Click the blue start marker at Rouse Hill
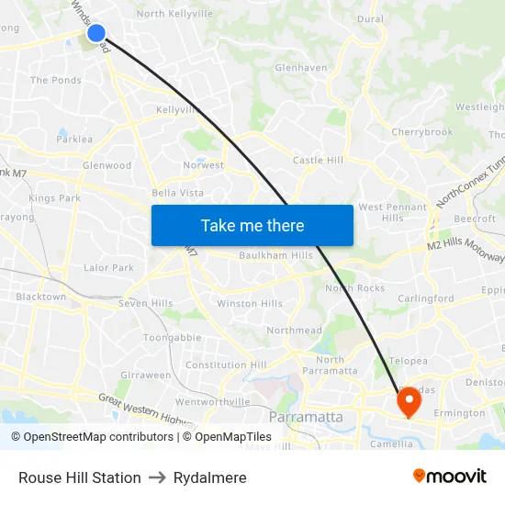tap(96, 34)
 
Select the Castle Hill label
tap(318, 161)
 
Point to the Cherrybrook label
tap(421, 132)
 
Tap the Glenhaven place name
tap(301, 67)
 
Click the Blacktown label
tap(40, 297)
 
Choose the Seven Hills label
tap(145, 303)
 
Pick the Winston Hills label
tap(250, 303)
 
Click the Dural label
tap(370, 18)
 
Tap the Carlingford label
tap(425, 298)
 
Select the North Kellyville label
tap(174, 14)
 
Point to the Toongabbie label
tap(172, 337)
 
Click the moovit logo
tap(450, 476)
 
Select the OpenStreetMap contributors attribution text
tap(92, 437)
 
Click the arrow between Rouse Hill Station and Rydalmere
tap(156, 477)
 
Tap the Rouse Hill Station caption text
tap(80, 477)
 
